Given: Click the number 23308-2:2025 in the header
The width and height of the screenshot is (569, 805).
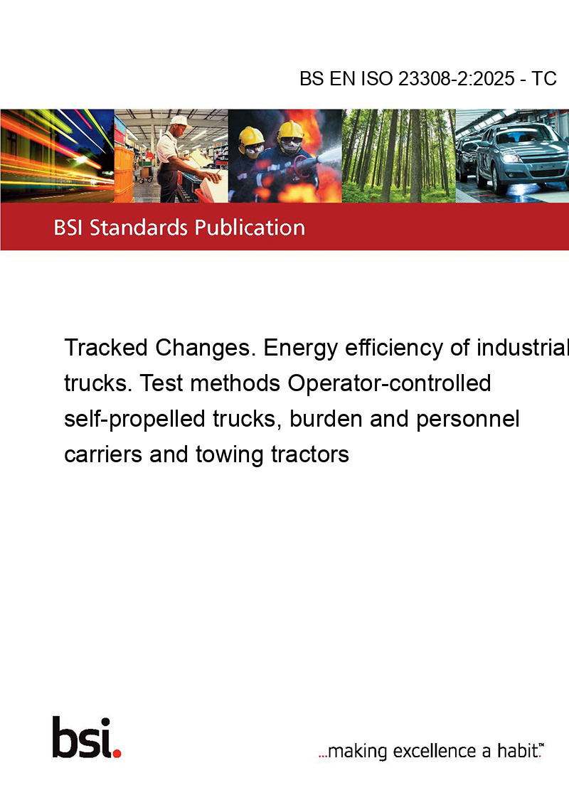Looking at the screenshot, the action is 456,79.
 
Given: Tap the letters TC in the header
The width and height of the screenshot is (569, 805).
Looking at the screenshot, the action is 544,79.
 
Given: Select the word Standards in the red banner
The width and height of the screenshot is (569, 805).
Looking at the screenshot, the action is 139,227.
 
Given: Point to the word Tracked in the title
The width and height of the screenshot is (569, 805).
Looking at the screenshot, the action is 106,348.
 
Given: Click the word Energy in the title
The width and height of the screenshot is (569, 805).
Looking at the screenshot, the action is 300,348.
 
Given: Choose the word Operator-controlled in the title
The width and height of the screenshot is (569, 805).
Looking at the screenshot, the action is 389,383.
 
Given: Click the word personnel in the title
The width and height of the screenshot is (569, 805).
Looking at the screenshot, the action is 468,419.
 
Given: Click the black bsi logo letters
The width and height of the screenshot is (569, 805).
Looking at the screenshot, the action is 82,737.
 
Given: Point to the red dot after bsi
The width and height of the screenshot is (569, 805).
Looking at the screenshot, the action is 117,752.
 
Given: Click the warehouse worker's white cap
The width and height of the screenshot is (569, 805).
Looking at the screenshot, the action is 180,121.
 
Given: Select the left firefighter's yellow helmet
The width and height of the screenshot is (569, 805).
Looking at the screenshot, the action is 250,136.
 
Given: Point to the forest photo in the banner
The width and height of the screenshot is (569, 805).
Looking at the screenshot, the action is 398,156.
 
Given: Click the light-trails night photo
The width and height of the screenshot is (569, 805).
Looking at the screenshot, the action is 57,156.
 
